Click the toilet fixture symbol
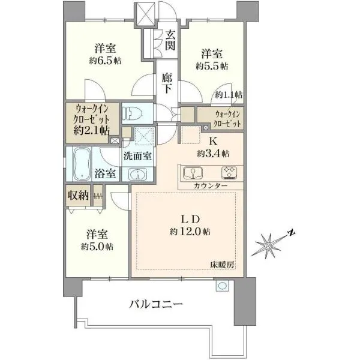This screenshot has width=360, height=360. pos(132,113)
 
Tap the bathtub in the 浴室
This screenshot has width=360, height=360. pos(81,164)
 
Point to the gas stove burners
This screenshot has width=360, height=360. pos(229,173)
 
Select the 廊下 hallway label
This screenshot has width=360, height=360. pos(167,83)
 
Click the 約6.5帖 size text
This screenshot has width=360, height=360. pos(106,61)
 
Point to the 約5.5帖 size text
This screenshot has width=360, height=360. pos(212,67)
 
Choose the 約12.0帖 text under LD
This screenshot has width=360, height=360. pos(190,232)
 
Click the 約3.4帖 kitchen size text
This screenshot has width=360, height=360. pos(213,154)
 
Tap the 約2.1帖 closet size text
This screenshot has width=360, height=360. pos(91,131)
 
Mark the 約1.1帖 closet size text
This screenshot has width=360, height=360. pos(229,95)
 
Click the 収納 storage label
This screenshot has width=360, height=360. pos(78,196)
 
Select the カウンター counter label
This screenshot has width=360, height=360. pos(211,185)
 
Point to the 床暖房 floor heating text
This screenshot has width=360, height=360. pos(223,265)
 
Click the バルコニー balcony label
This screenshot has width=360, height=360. pos(156,304)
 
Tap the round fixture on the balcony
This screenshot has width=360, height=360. pos(222,286)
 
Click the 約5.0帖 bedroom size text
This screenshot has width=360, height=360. pos(97,247)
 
